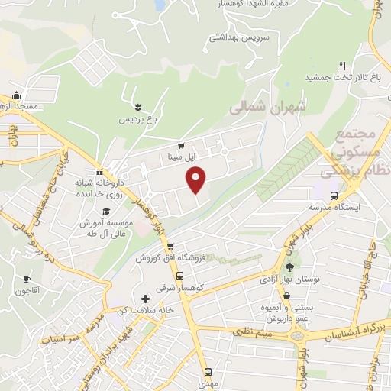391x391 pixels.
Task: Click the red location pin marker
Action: pyautogui.click(x=197, y=180)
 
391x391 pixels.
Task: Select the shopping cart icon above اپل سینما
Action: pyautogui.click(x=181, y=145)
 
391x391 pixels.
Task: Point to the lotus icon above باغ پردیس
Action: pyautogui.click(x=137, y=107)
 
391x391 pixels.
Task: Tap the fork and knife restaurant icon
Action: pyautogui.click(x=344, y=66)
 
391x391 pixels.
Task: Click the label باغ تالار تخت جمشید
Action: pyautogui.click(x=337, y=78)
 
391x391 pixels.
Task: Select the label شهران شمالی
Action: pyautogui.click(x=267, y=109)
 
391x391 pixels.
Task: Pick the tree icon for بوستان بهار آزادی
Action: pyautogui.click(x=289, y=267)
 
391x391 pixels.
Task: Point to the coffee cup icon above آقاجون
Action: pyautogui.click(x=27, y=280)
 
